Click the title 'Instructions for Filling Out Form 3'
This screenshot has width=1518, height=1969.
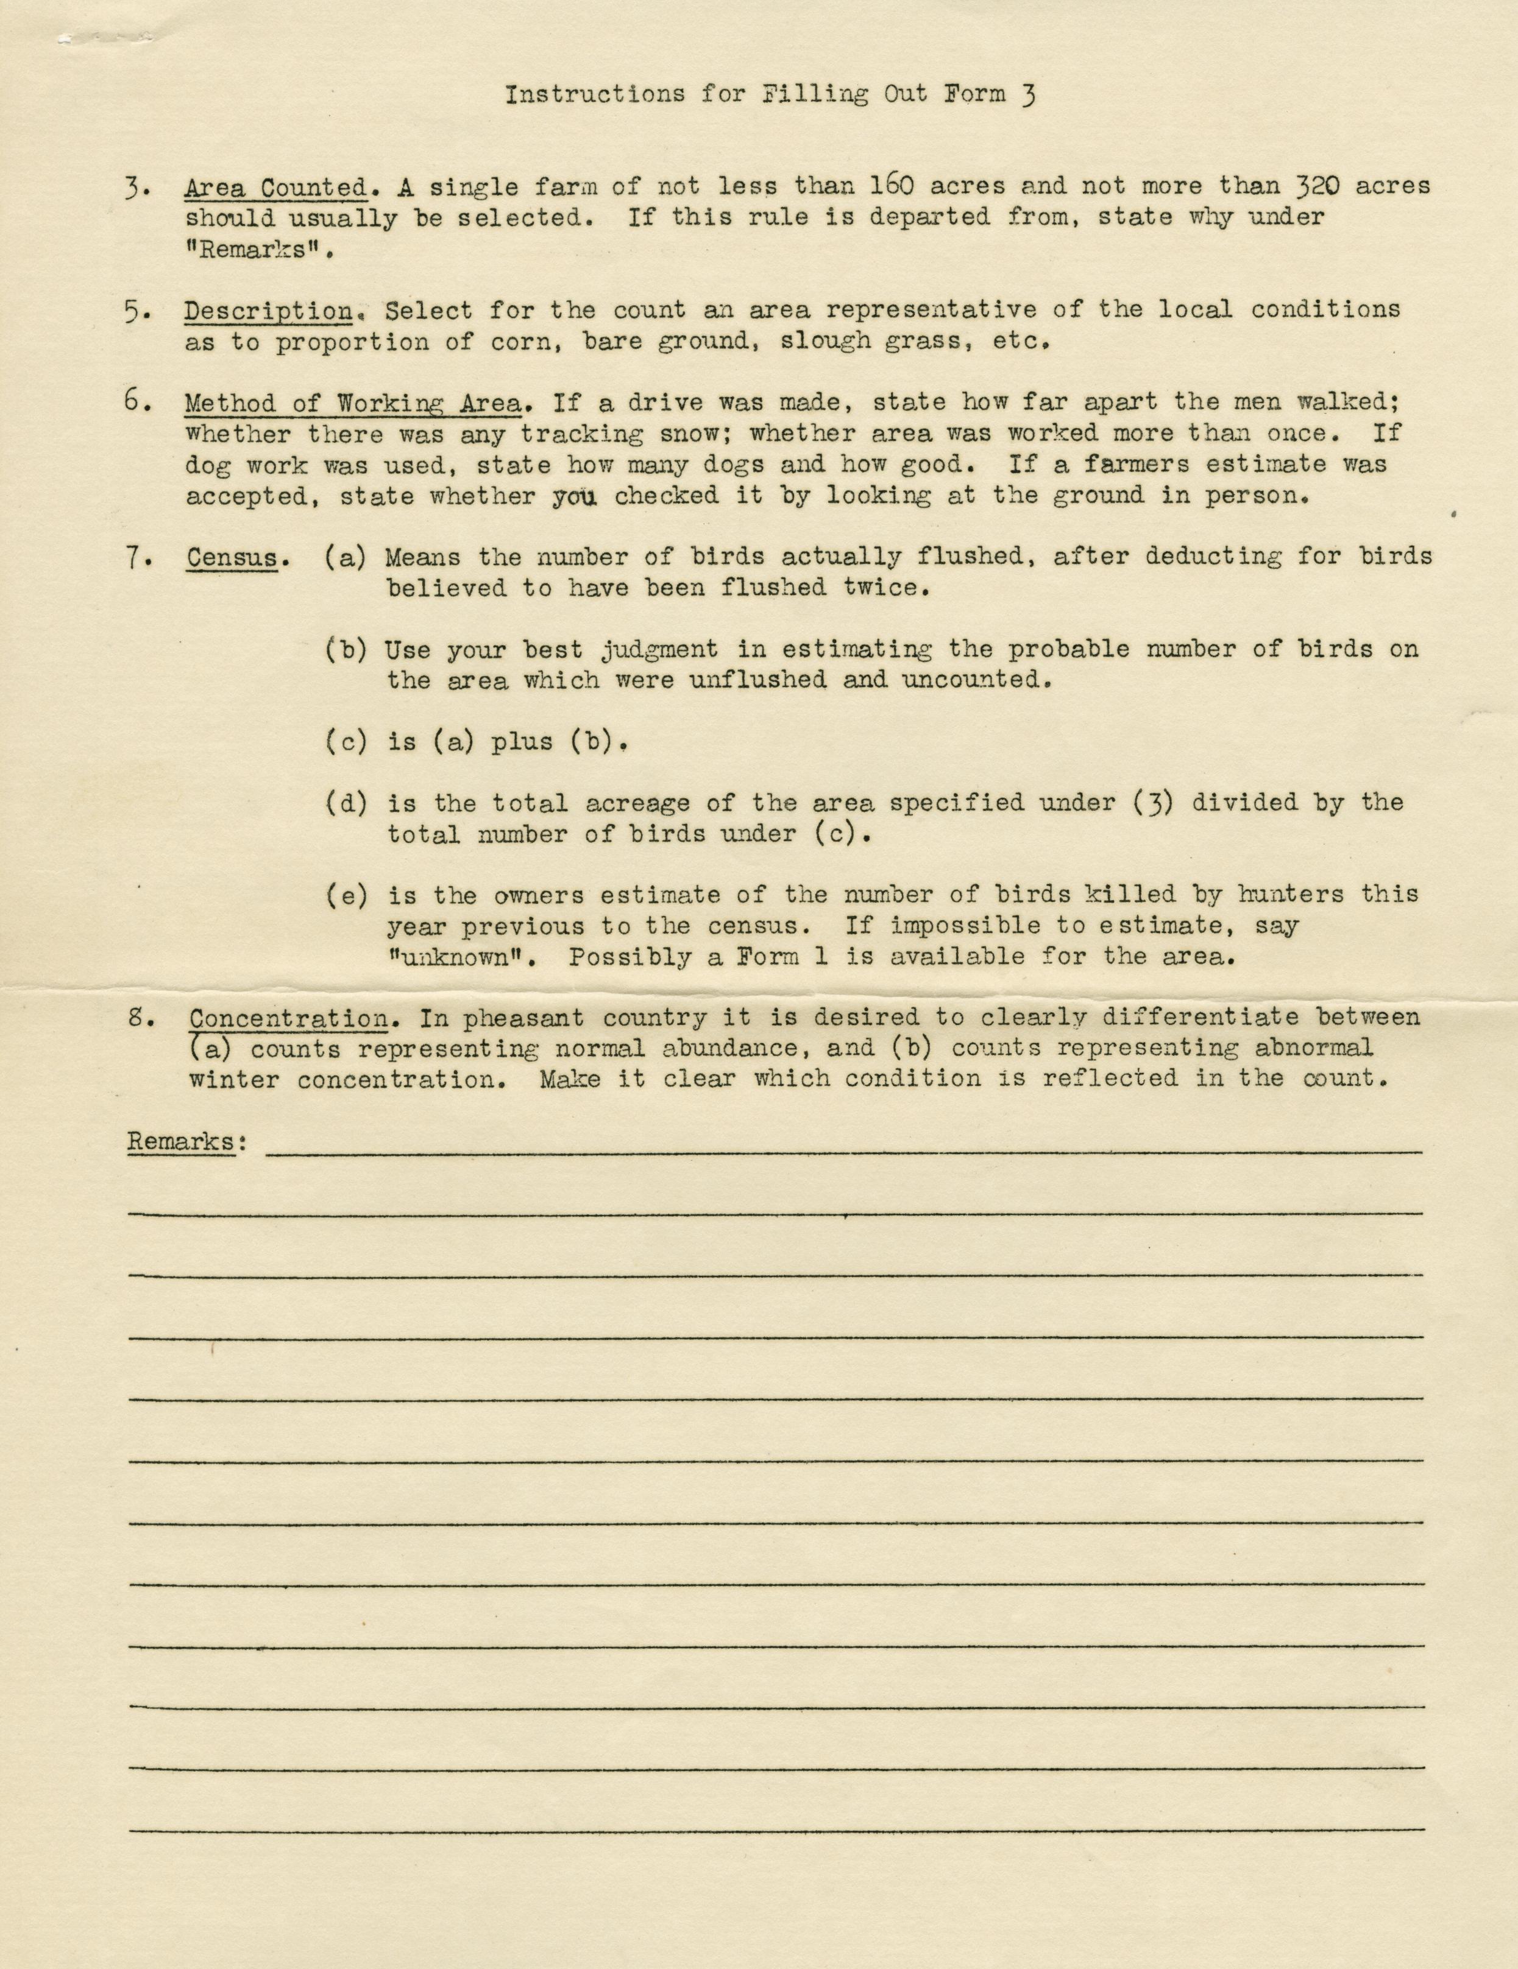point(768,94)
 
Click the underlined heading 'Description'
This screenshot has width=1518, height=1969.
point(269,311)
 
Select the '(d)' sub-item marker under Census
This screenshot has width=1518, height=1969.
point(346,803)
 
